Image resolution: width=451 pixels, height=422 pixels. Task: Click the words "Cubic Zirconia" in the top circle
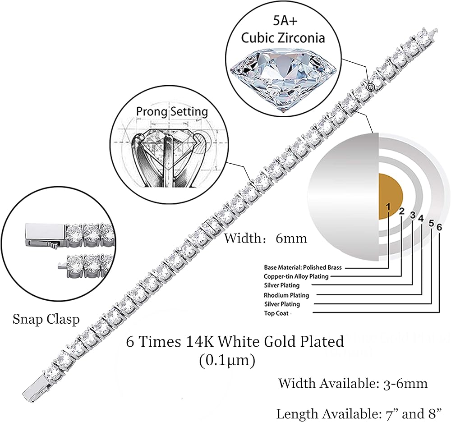click(x=283, y=37)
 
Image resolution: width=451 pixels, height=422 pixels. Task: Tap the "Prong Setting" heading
click(x=172, y=111)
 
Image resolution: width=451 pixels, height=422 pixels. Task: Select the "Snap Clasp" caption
click(x=46, y=319)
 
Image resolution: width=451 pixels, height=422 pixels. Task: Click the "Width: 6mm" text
click(x=266, y=238)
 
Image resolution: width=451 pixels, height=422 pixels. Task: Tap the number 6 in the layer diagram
click(x=439, y=226)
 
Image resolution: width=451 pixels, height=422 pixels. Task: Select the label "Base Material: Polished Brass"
click(x=303, y=267)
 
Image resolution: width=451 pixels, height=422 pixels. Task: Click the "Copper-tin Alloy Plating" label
click(x=296, y=276)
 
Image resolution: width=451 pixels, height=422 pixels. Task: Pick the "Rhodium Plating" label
click(x=286, y=295)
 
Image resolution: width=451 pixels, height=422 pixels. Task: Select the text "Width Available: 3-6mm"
click(x=353, y=384)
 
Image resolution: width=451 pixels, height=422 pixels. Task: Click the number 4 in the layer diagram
click(x=421, y=219)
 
